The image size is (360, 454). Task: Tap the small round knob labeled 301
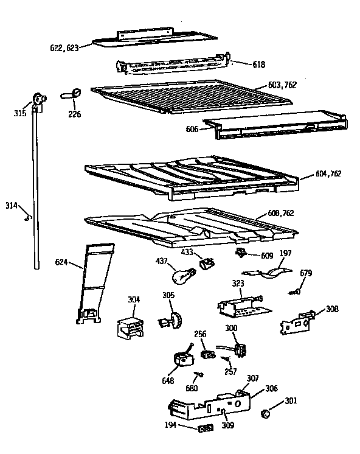266,414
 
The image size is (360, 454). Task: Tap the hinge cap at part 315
40,99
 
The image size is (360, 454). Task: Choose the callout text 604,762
328,174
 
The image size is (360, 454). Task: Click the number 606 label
193,129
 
